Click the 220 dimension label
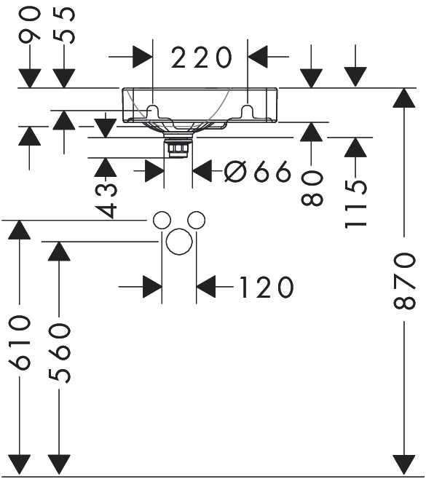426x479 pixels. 202,57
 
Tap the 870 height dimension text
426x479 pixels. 405,280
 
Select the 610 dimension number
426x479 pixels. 20,343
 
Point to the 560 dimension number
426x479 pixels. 59,353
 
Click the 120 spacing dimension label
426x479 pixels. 267,287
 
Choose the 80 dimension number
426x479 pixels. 312,188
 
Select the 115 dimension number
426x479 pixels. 355,204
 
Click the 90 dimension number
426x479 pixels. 29,25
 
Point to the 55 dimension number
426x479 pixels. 64,25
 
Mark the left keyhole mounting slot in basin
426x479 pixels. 152,112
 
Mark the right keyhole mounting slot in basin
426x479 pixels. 248,112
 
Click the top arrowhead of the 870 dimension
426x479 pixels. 404,98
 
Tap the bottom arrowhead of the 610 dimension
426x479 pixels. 19,464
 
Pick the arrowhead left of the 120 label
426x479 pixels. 152,287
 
